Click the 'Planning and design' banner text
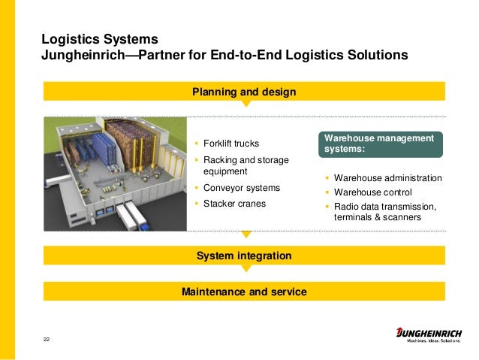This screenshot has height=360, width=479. pos(244,92)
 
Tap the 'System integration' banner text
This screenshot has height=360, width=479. pos(244,256)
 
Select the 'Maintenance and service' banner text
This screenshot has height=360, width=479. pos(244,291)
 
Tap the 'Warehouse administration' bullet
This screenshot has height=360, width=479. pos(387,179)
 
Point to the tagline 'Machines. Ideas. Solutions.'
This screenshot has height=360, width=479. pos(434,343)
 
